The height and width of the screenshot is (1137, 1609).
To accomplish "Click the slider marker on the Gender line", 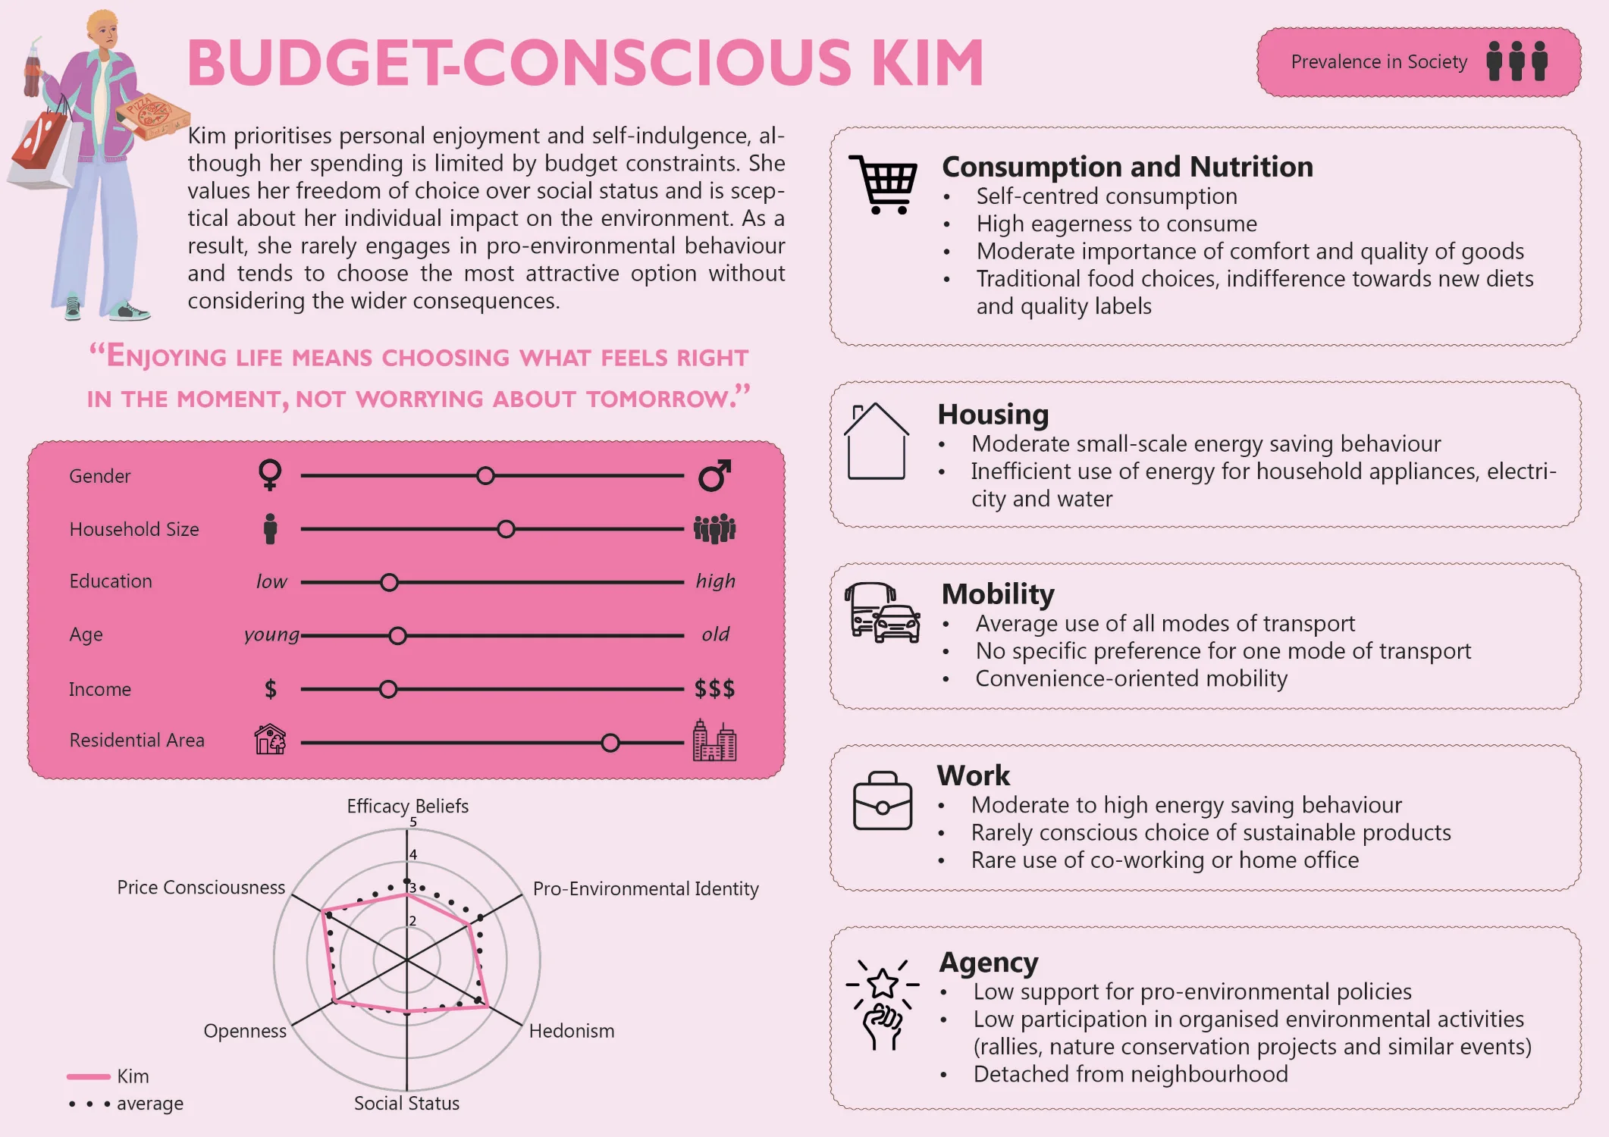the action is (485, 476).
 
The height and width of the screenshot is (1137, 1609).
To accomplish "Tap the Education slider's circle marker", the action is (389, 582).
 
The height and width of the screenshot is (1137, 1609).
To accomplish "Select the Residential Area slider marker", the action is (610, 743).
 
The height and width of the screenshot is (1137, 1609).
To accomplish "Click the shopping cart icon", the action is (883, 185).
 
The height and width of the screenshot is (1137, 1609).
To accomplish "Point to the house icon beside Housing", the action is (877, 441).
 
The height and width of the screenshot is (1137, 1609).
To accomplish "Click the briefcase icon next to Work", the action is (883, 801).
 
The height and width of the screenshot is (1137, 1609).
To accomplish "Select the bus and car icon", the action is (883, 612).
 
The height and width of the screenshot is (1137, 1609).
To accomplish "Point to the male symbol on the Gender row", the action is (715, 475).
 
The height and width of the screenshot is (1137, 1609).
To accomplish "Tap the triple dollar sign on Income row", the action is (714, 689).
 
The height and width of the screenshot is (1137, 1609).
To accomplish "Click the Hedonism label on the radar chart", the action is (572, 1031).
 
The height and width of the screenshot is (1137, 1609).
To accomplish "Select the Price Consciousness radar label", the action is (201, 888).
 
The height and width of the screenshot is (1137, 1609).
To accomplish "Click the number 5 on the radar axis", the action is (413, 822).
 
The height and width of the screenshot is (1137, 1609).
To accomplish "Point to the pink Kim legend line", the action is (89, 1076).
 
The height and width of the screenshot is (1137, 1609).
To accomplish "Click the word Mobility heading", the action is (998, 594).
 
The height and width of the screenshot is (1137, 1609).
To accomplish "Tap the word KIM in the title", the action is (928, 63).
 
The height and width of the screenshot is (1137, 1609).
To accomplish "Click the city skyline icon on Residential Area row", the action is (714, 740).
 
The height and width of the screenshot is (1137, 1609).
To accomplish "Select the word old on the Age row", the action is (715, 634).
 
